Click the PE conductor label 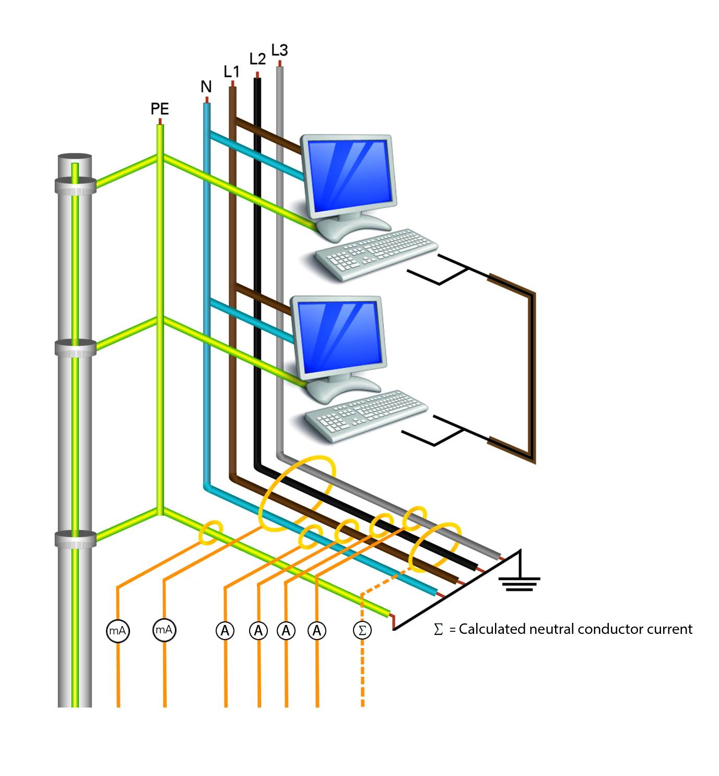point(160,109)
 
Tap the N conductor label point(206,87)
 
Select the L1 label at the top point(231,72)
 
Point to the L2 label point(257,59)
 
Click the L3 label point(280,50)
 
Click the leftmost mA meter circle point(117,631)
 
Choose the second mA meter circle point(164,630)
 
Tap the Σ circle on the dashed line point(362,630)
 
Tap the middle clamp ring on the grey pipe point(75,348)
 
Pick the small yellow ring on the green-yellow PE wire point(211,532)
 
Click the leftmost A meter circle point(225,631)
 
